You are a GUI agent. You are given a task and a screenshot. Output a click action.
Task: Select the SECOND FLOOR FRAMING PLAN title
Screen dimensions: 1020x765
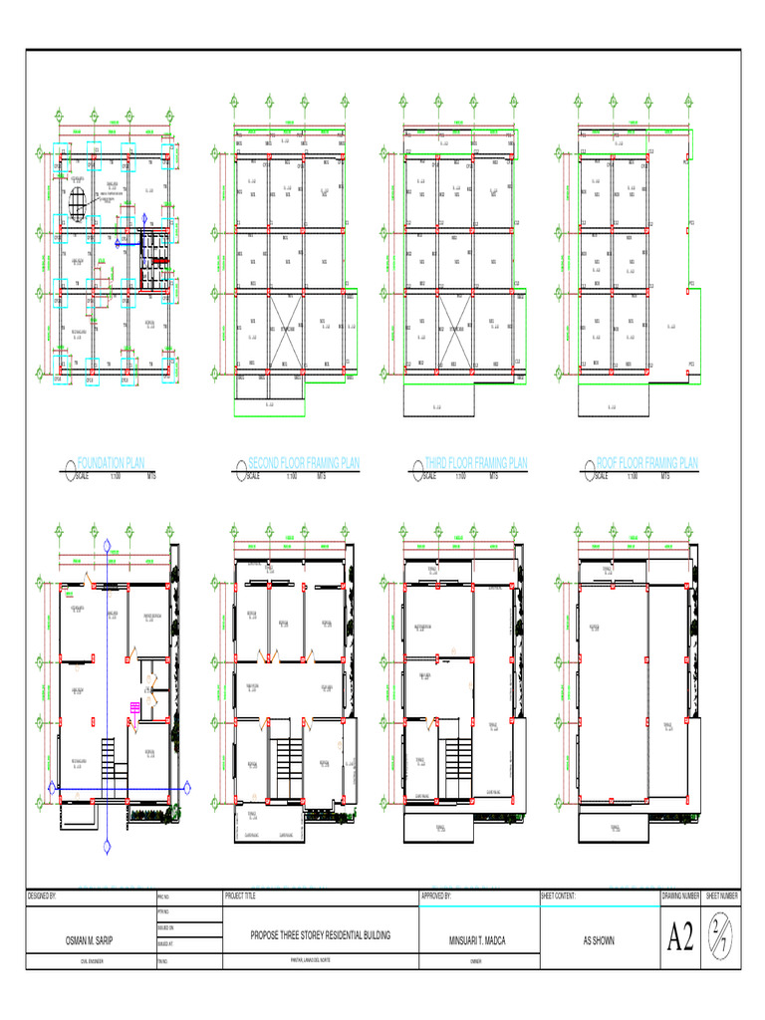(x=304, y=463)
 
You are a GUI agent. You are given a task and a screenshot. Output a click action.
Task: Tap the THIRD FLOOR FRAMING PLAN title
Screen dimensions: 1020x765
(x=476, y=463)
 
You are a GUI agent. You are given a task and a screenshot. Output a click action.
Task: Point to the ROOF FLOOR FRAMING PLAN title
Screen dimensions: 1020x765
(x=647, y=463)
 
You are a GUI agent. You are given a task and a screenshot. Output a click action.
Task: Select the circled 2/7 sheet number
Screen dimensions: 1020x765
(x=722, y=937)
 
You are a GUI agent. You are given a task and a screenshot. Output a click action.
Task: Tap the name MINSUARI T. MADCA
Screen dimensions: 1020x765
(x=478, y=939)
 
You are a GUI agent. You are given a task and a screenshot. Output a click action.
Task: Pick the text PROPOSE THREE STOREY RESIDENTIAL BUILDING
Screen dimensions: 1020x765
(x=320, y=936)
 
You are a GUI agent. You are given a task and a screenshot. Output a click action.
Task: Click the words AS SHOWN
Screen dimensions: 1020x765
(x=598, y=939)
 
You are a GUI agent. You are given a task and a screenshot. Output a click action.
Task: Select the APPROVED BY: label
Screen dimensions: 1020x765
(x=437, y=896)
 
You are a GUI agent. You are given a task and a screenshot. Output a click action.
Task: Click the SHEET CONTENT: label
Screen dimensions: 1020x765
(x=558, y=896)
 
